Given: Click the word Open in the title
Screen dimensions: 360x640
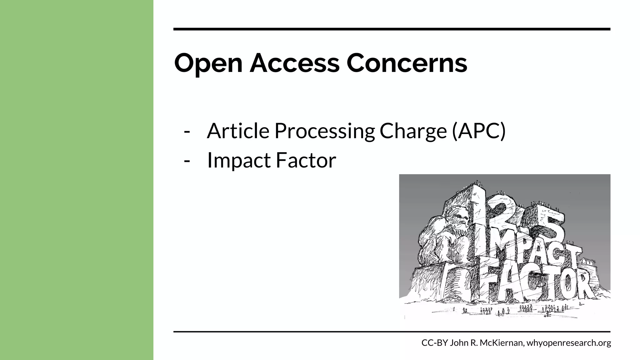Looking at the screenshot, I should [208, 63].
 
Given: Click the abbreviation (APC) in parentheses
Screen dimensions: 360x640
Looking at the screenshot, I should [478, 131].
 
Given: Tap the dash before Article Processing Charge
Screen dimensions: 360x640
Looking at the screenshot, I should [187, 131].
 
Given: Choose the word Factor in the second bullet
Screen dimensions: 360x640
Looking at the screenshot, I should [306, 160].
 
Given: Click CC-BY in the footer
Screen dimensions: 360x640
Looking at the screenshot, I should [435, 343].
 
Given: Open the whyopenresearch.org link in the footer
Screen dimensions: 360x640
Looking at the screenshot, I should [569, 343].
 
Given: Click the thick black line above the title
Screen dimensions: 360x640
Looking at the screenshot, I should [392, 29].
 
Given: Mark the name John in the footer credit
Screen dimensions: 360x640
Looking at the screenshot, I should [458, 343].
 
